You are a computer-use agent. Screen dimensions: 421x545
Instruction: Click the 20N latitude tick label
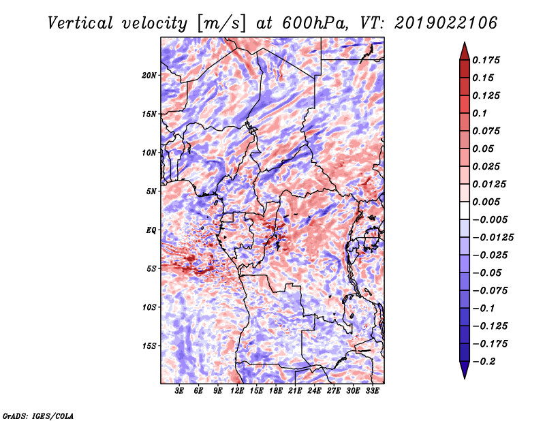pyautogui.click(x=149, y=75)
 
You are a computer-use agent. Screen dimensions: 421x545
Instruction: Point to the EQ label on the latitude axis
pyautogui.click(x=151, y=230)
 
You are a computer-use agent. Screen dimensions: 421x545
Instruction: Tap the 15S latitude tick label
pyautogui.click(x=149, y=346)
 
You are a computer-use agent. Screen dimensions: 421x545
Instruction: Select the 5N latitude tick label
pyautogui.click(x=151, y=191)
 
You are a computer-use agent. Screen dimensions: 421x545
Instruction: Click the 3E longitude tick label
pyautogui.click(x=180, y=391)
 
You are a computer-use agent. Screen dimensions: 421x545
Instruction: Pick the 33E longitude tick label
pyautogui.click(x=372, y=391)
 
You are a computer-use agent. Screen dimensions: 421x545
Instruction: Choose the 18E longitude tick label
pyautogui.click(x=276, y=391)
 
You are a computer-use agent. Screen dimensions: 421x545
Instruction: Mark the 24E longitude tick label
pyautogui.click(x=314, y=391)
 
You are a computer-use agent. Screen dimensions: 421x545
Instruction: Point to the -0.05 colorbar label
pyautogui.click(x=488, y=272)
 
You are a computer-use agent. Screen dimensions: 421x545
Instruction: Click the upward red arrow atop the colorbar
pyautogui.click(x=463, y=50)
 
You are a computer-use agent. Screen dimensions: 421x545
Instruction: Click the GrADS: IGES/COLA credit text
pyautogui.click(x=37, y=415)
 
